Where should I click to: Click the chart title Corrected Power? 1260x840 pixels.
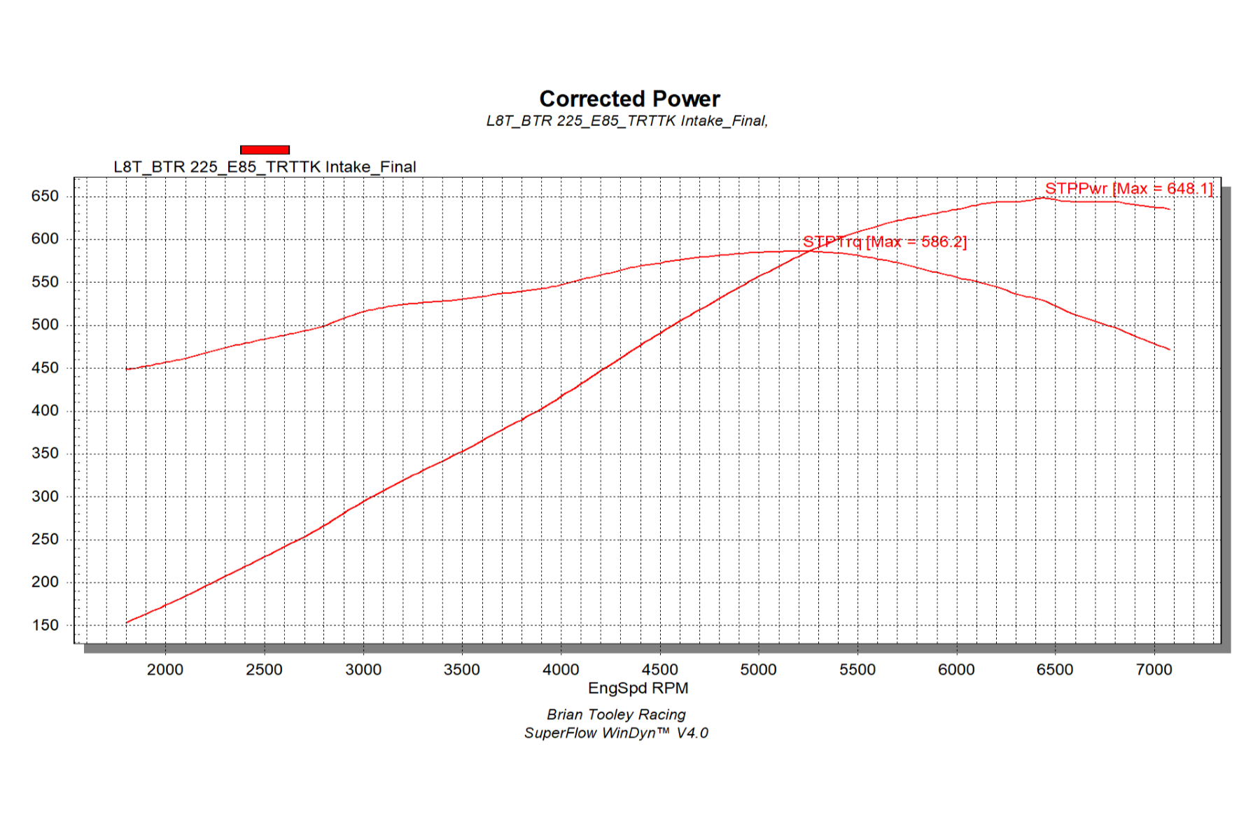coord(629,99)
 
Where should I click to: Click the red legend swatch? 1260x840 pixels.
coord(265,150)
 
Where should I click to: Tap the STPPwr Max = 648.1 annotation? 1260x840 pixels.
coord(1128,188)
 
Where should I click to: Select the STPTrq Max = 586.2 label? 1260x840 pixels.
coord(884,242)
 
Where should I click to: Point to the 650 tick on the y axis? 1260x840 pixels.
coord(45,197)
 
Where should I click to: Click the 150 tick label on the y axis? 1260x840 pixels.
coord(45,625)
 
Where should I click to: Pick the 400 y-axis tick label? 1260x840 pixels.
coord(45,411)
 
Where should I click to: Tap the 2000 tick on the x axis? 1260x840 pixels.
coord(165,670)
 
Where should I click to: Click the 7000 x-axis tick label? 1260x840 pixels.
coord(1154,670)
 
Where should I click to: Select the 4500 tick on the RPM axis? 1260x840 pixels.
coord(659,670)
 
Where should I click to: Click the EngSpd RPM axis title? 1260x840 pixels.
coord(638,688)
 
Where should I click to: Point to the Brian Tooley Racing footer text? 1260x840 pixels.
coord(616,715)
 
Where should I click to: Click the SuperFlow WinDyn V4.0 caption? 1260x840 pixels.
coord(616,733)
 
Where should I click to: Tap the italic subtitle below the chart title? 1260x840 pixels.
coord(627,121)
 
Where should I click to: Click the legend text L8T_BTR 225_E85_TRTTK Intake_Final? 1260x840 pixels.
coord(265,167)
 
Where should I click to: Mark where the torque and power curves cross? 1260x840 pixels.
coord(812,251)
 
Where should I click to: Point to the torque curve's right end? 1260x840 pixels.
coord(1170,349)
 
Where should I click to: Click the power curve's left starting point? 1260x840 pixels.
coord(127,622)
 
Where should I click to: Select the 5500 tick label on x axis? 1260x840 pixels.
coord(857,670)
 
